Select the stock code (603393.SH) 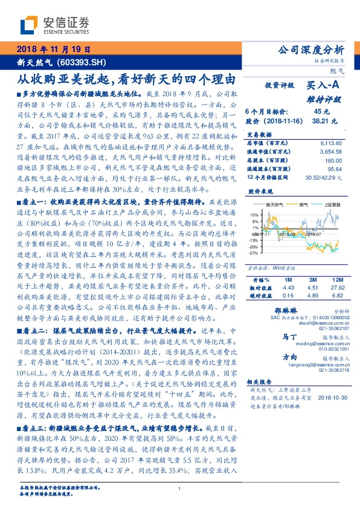point(83,62)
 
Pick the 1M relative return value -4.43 point(287,288)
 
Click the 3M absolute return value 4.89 point(312,296)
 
